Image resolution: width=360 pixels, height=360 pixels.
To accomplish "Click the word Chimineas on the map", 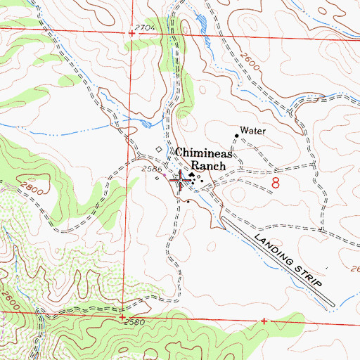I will point(203,153).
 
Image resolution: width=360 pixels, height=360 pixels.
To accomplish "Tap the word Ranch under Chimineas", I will point(210,167).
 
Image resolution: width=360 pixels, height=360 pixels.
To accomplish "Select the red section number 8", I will point(276,183).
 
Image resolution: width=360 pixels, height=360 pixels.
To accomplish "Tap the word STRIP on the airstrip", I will point(309,274).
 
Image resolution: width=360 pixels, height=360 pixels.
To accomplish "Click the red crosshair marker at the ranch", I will point(181,181).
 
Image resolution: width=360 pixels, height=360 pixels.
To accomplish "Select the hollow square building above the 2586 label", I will point(159,149).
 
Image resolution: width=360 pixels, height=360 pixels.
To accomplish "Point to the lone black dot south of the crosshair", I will point(188,200).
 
